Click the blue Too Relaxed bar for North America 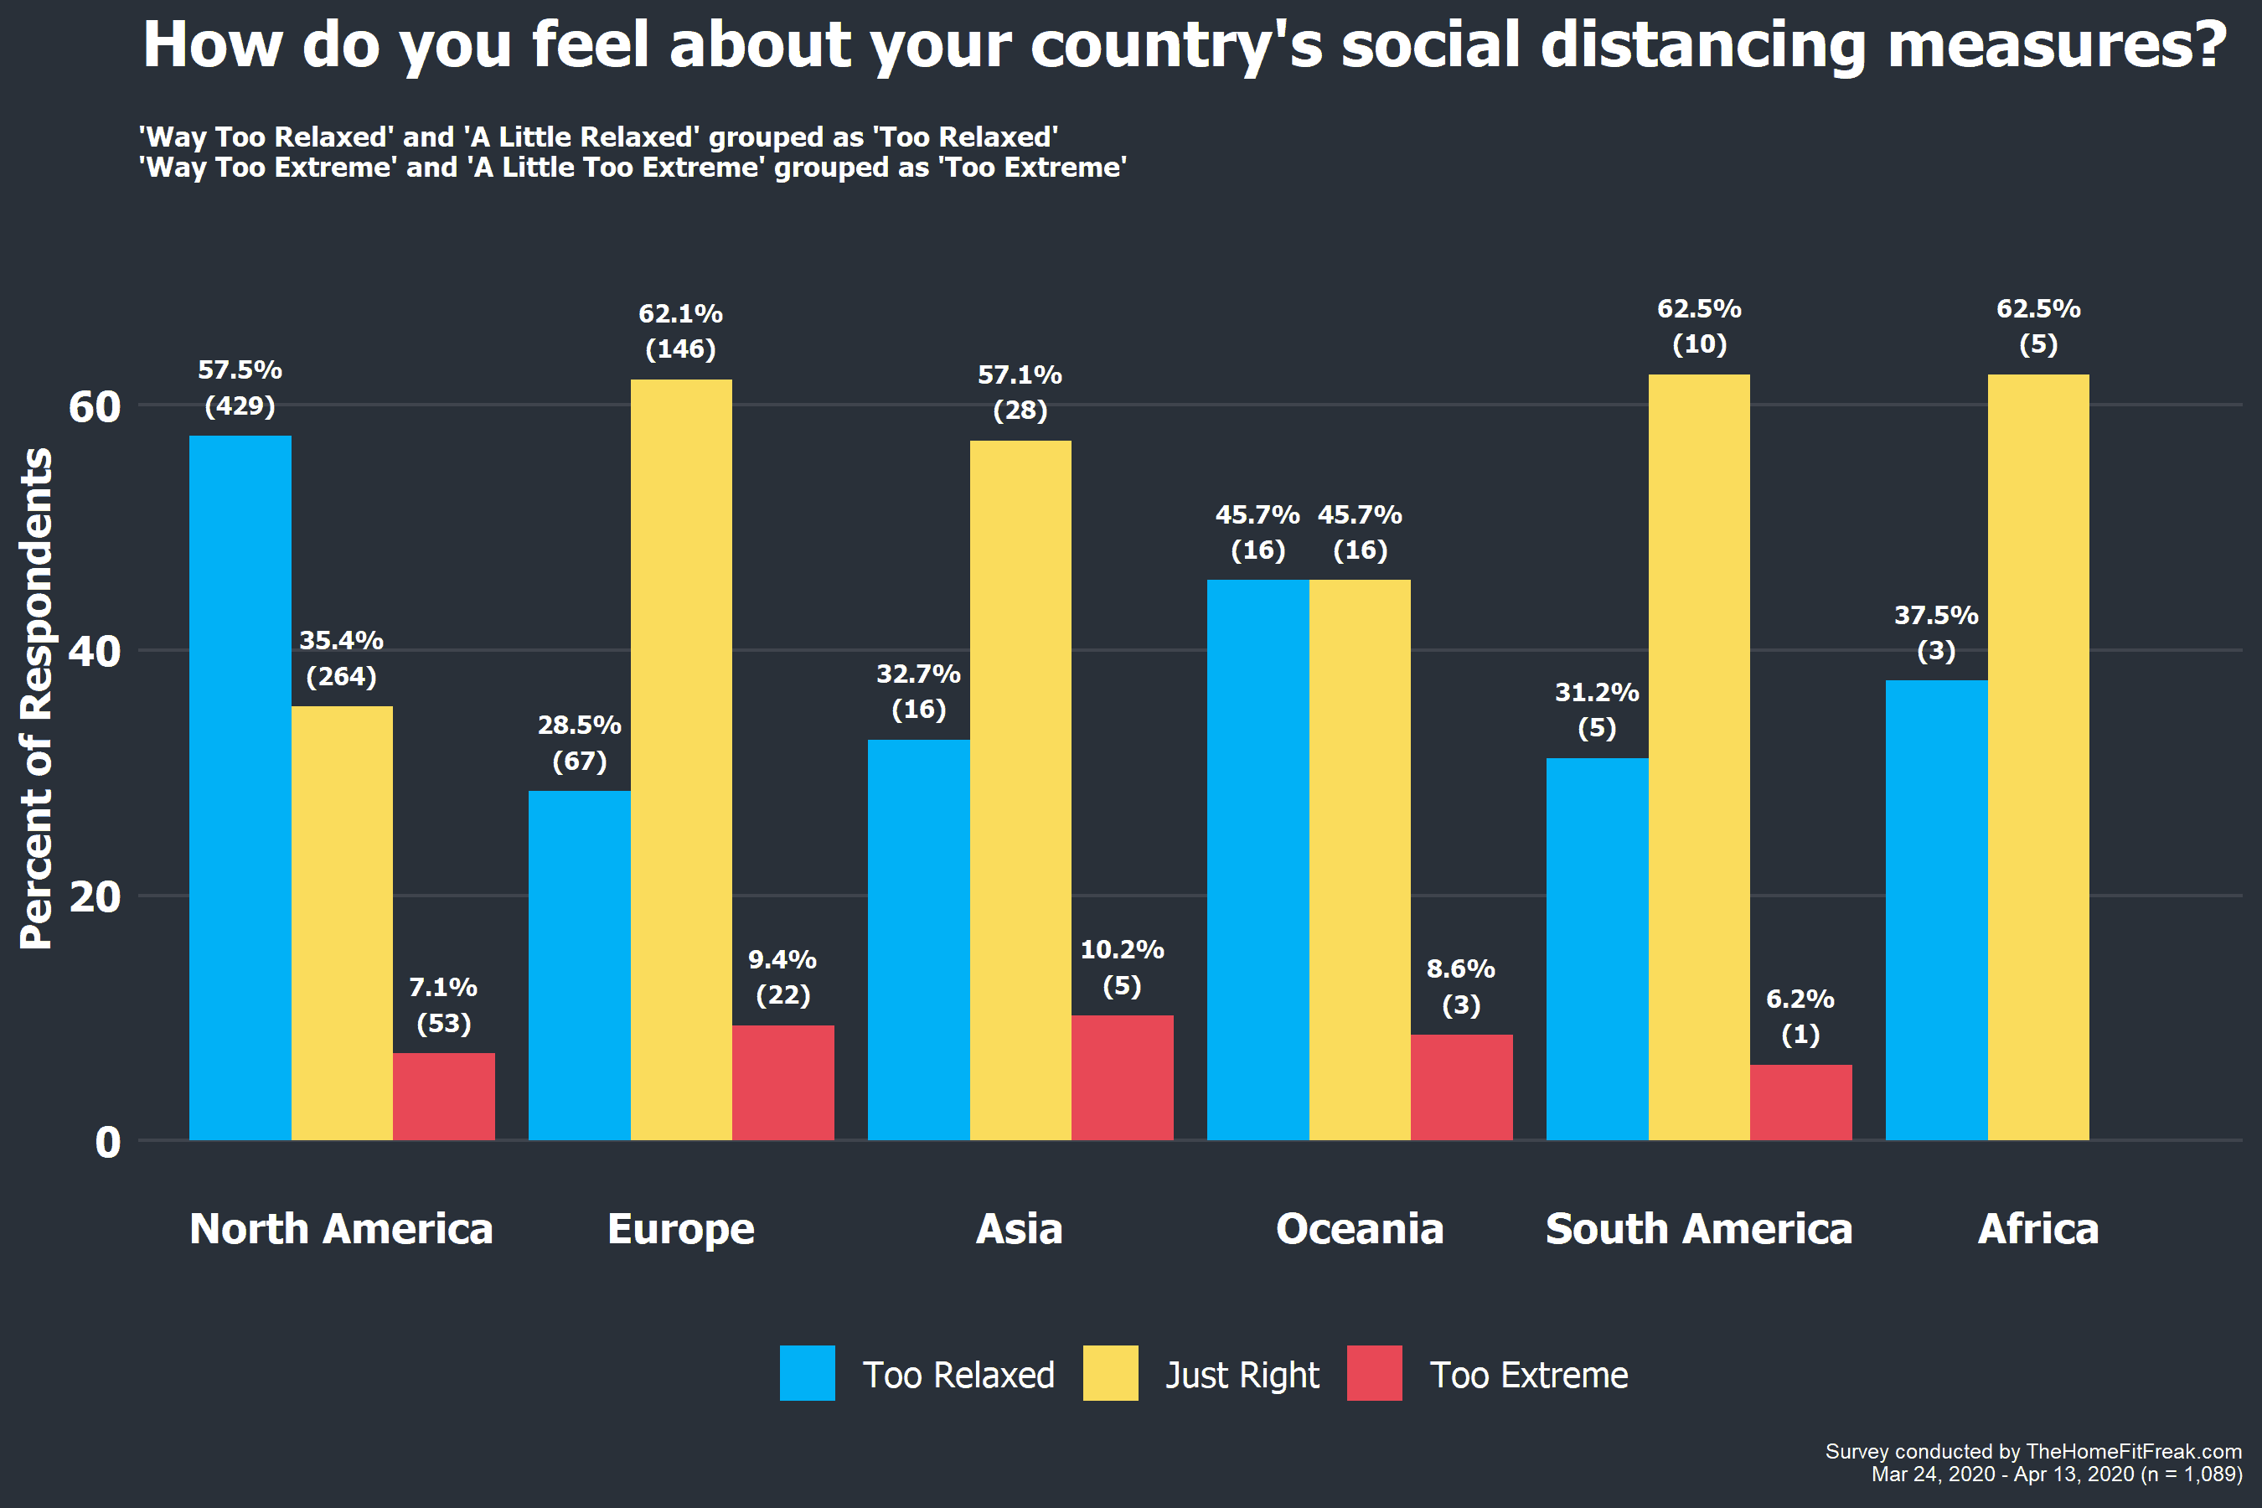click(240, 788)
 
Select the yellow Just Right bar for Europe click(681, 760)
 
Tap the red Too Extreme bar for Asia click(1123, 1078)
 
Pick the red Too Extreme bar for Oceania click(1462, 1087)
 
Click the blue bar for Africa click(1937, 911)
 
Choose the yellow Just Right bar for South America click(1699, 758)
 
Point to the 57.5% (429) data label click(240, 388)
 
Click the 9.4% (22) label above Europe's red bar click(782, 977)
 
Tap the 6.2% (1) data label click(1800, 1016)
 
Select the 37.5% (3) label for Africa click(1937, 633)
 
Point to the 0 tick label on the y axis click(108, 1143)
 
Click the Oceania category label click(1360, 1229)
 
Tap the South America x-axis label click(1699, 1229)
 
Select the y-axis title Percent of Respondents click(37, 700)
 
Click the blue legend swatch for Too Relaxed click(808, 1373)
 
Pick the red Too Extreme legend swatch click(1374, 1373)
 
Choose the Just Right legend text click(1242, 1376)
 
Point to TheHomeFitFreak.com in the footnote click(2134, 1451)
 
